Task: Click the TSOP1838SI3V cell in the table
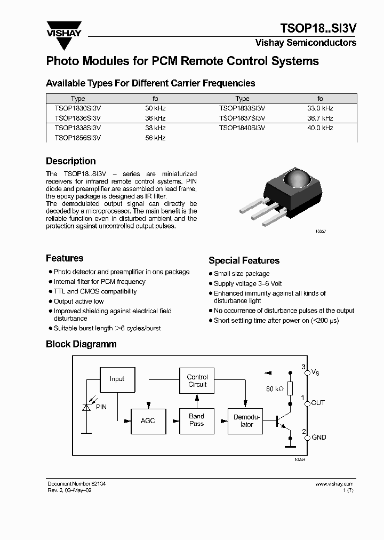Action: (x=78, y=128)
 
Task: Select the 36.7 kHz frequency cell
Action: (x=320, y=118)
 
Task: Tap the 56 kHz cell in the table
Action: (x=156, y=138)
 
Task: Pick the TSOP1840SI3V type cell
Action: (x=242, y=128)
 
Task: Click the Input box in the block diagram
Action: (x=117, y=379)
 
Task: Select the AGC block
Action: (x=148, y=420)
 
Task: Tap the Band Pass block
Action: (x=196, y=420)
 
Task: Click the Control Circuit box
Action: (x=197, y=380)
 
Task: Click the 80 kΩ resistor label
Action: (x=275, y=389)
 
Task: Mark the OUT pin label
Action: (x=318, y=403)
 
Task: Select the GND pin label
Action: (x=319, y=437)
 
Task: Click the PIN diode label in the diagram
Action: (x=101, y=407)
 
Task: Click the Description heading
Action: (x=71, y=161)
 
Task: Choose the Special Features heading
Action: (x=244, y=260)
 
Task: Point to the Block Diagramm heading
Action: (x=81, y=344)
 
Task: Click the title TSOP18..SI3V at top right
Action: (x=318, y=28)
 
